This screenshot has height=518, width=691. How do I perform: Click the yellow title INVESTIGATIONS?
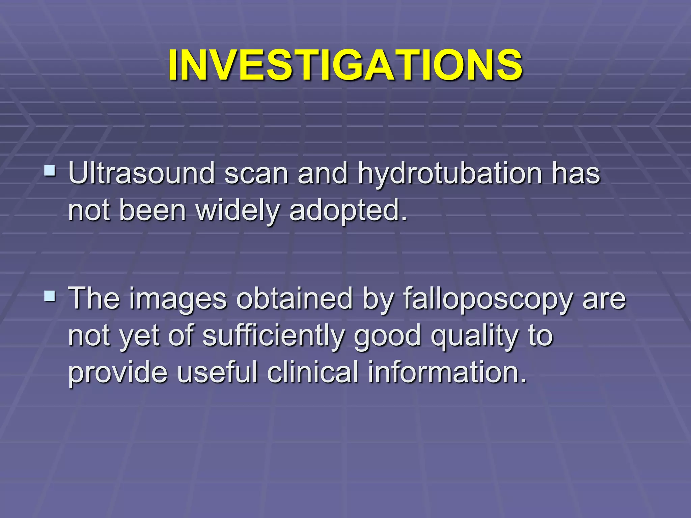[345, 65]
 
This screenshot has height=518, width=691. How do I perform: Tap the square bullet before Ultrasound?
[50, 170]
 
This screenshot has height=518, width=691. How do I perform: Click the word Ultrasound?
[141, 174]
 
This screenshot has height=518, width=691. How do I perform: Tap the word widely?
[238, 211]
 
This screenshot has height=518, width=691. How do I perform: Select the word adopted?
[348, 211]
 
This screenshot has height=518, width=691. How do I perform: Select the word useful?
[217, 373]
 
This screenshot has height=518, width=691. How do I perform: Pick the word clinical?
[312, 373]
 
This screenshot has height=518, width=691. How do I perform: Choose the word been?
[153, 211]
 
